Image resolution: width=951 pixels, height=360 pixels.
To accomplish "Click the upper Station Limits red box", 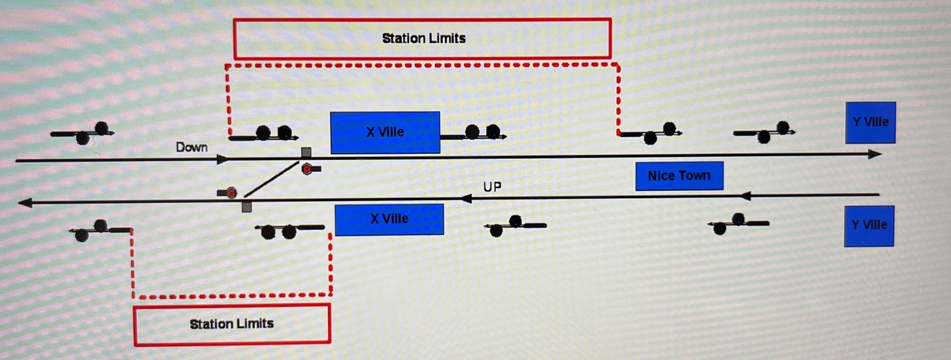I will point(422,38).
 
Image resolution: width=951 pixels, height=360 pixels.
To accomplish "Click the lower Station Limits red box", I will point(232,324).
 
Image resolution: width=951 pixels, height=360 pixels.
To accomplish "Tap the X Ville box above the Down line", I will point(385,133).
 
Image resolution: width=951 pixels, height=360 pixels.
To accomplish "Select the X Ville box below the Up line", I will point(389,219).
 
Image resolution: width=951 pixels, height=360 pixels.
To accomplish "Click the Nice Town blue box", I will point(679,175).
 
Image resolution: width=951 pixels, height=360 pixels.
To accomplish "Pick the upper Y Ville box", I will point(870,123).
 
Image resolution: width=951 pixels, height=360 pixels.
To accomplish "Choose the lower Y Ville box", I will point(869,225).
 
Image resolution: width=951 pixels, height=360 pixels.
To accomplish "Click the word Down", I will point(192,147).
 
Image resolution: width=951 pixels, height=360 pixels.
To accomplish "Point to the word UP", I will point(492,187).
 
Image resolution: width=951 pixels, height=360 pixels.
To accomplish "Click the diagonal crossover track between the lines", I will point(272,178).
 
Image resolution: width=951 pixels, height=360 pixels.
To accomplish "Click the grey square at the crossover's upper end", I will point(306,153).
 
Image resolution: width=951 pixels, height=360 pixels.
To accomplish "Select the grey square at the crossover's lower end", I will point(247,207).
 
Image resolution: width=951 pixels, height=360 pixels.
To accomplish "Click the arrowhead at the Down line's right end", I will point(875,154).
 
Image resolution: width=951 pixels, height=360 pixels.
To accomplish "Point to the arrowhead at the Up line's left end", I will point(26,203).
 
